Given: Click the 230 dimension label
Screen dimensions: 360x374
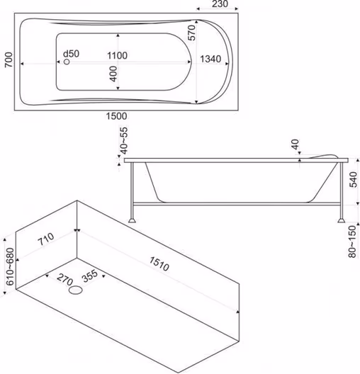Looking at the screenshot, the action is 220,4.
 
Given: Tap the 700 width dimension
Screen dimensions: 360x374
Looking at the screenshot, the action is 9,59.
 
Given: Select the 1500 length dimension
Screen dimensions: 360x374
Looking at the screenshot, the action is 116,116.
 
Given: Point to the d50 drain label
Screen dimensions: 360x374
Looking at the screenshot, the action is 71,54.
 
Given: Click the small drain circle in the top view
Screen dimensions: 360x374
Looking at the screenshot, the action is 67,62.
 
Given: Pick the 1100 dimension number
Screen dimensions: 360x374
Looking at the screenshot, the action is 117,55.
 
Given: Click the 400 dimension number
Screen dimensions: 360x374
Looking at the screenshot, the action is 114,74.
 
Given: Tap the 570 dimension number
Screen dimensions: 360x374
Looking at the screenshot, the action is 191,33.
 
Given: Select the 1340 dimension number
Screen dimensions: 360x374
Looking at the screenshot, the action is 210,59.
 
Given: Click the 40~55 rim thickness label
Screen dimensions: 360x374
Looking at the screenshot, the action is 124,141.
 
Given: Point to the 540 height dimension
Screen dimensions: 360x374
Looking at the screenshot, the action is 353,179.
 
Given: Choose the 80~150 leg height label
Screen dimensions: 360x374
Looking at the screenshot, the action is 352,242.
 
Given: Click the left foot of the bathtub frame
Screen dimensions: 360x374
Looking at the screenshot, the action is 132,220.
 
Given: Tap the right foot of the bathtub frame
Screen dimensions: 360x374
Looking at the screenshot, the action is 342,220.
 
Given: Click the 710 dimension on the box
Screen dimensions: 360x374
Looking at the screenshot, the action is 46,239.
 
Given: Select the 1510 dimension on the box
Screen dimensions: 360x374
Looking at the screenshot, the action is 159,263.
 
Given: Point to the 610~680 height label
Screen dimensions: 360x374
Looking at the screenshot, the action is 10,266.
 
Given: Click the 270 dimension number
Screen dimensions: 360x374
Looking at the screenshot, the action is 65,279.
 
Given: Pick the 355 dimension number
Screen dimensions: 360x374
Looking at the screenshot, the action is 90,276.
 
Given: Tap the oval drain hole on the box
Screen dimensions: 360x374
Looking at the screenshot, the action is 76,290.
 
